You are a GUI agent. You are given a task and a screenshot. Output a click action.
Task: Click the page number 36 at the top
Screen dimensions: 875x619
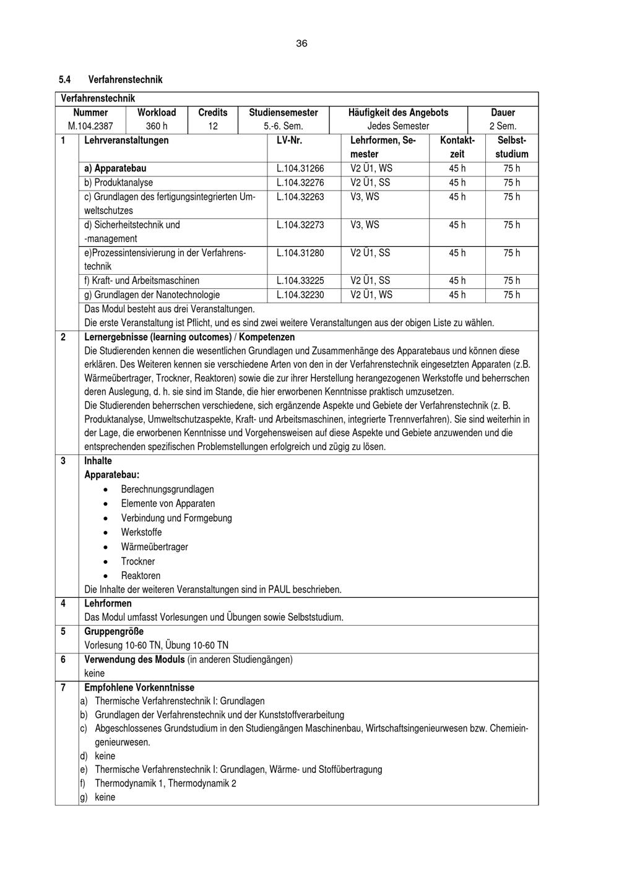301,43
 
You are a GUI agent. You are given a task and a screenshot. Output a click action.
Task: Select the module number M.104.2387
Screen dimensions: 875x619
90,126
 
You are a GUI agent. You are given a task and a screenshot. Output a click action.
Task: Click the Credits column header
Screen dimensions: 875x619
212,113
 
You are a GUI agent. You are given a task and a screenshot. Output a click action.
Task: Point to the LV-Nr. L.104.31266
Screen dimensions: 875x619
300,168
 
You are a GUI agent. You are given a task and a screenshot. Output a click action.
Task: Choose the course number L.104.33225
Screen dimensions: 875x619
300,281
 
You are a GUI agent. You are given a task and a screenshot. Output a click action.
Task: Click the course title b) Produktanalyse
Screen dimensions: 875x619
119,183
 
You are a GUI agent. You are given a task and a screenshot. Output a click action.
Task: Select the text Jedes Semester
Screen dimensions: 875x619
398,126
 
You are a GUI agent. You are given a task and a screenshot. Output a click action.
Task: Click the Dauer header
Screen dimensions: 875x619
503,113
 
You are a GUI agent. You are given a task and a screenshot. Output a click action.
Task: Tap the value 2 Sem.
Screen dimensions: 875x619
503,126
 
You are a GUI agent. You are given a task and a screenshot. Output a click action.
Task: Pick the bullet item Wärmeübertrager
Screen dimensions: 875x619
154,547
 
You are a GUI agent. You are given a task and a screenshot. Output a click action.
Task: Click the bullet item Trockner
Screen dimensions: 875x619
138,562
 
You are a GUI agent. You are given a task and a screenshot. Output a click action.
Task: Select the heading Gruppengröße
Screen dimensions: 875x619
114,632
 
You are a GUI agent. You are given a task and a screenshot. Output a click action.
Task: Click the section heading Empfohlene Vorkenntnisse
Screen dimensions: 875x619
139,687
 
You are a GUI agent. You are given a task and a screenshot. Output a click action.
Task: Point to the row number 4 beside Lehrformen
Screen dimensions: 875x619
63,603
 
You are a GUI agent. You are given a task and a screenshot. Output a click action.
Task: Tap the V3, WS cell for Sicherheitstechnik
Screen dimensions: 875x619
365,225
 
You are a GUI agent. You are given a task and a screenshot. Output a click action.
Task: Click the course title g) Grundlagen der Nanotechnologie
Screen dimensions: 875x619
152,295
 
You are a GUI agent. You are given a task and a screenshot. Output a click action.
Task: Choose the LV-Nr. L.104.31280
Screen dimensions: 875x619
300,253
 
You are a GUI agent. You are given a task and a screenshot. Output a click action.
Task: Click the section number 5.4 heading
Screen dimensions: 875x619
65,80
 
